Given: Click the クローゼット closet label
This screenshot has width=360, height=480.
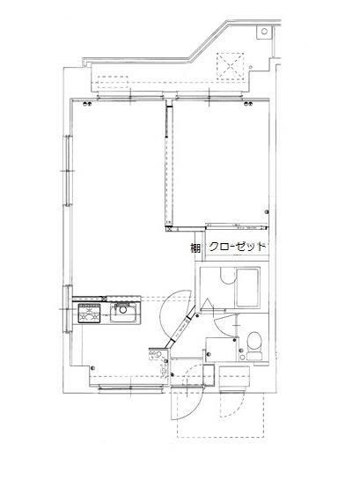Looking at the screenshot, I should coord(237,247).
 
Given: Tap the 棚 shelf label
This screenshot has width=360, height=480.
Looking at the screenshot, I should coord(195,248).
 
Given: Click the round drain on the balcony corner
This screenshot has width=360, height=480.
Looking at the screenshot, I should coord(263,33).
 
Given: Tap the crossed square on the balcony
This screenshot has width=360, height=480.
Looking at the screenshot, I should coord(230,65).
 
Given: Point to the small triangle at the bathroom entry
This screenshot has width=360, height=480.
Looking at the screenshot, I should coord(202,306).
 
